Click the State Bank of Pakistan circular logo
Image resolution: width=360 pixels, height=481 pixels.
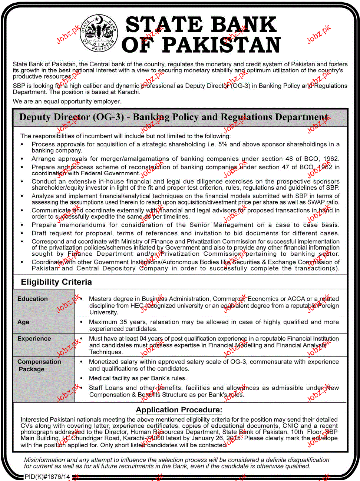coord(99,33)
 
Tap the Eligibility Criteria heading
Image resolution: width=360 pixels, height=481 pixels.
coord(56,282)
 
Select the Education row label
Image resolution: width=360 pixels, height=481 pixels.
coord(33,299)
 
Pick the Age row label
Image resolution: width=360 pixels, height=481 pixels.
coord(23,322)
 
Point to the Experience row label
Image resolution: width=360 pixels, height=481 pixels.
coord(34,338)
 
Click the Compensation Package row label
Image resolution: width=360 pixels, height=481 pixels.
coord(39,365)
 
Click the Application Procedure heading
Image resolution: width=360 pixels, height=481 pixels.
coord(179,409)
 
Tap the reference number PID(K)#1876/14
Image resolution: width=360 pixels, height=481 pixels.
coord(47,477)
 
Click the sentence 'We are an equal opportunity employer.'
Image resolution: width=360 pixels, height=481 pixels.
coord(67,101)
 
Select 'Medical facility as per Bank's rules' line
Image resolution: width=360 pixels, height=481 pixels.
coord(138,378)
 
